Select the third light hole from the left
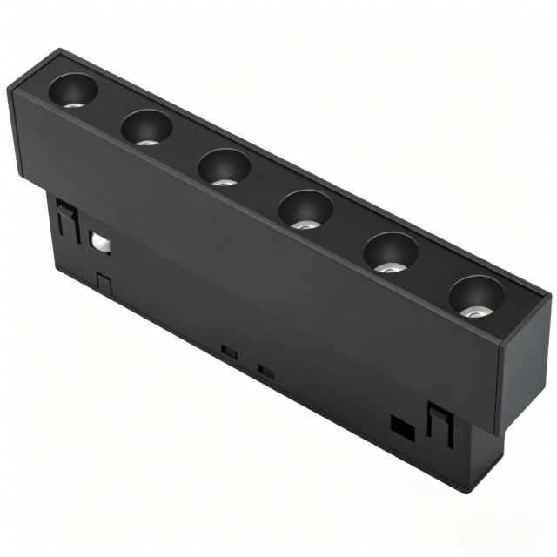click(x=224, y=166)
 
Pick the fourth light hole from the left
click(x=305, y=209)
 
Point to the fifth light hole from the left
click(x=390, y=252)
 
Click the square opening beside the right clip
click(x=402, y=426)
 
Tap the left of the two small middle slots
click(x=231, y=351)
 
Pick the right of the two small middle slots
click(x=267, y=370)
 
